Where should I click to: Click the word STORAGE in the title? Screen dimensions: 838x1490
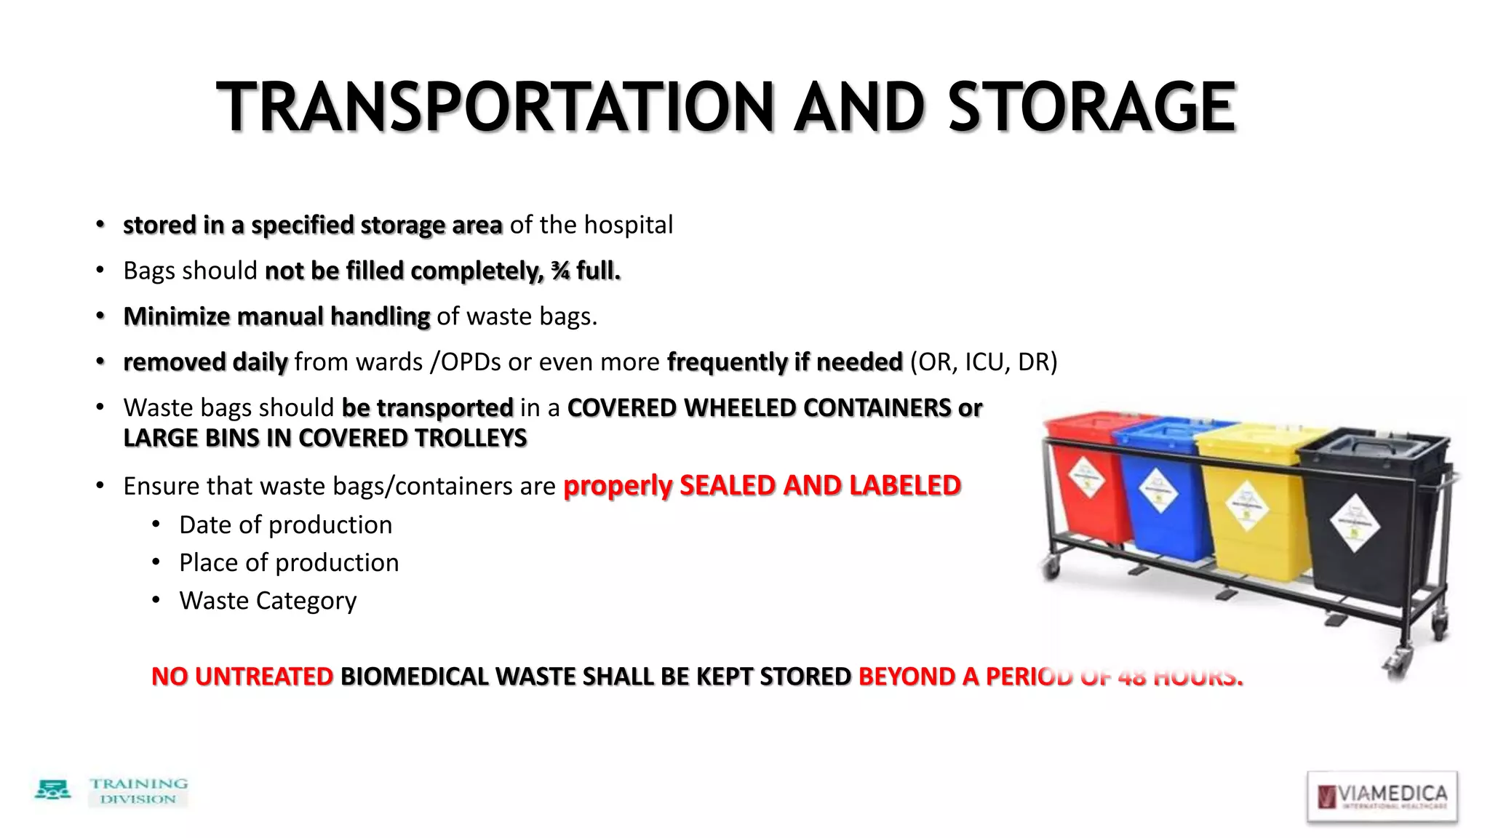(x=1091, y=108)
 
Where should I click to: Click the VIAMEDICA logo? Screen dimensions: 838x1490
(x=1382, y=797)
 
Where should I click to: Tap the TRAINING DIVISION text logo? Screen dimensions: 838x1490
(x=138, y=791)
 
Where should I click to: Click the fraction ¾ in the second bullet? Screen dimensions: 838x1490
(x=560, y=271)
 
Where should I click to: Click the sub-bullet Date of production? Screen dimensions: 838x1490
(x=285, y=525)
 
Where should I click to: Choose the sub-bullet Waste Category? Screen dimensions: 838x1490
(x=268, y=601)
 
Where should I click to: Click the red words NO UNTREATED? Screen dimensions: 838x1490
(x=242, y=677)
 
